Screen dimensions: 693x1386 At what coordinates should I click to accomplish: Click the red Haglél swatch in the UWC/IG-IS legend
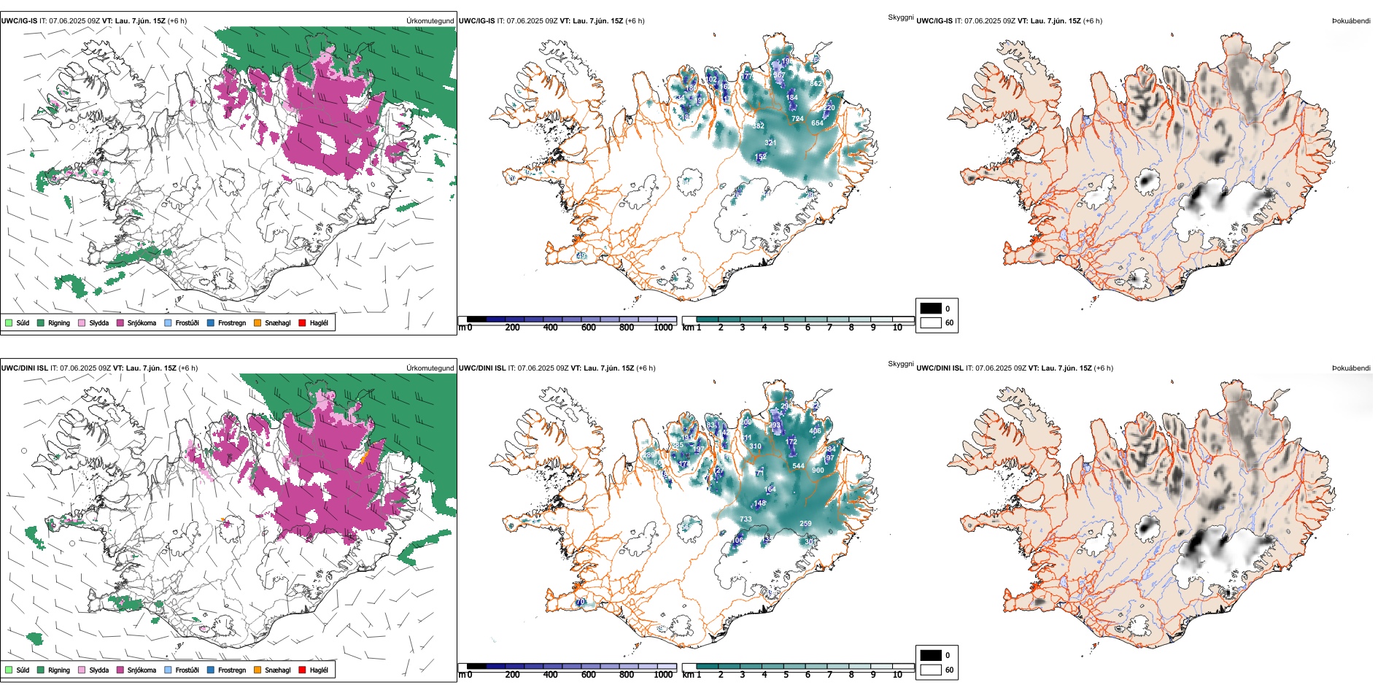coord(302,322)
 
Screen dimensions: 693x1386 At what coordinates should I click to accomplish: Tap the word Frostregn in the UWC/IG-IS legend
coord(231,322)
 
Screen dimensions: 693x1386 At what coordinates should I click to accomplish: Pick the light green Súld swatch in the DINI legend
coord(9,670)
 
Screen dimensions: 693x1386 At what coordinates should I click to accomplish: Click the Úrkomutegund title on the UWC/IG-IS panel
coord(430,21)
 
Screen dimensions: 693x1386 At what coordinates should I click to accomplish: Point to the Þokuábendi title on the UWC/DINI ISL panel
coord(1351,368)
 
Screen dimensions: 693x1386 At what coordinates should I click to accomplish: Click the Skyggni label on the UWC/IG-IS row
coord(900,18)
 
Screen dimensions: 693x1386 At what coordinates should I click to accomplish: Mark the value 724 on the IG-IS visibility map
coord(797,119)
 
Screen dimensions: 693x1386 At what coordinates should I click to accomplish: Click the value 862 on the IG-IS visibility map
coord(816,84)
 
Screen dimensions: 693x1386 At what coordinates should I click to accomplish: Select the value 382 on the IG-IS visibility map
coord(758,126)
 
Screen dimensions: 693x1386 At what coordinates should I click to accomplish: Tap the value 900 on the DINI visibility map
coord(818,471)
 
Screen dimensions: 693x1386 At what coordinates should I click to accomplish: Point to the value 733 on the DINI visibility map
coord(746,519)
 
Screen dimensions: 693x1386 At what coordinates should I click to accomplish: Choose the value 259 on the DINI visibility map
coord(805,524)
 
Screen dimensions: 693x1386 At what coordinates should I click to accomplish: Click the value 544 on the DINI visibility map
coord(798,466)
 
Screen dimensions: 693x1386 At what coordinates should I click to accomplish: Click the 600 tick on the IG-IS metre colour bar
coord(588,328)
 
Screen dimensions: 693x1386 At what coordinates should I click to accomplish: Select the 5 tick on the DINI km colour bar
coord(786,675)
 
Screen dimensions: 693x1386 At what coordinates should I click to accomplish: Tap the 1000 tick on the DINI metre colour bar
coord(663,675)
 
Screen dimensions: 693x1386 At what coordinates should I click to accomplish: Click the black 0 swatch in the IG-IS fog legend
coord(931,309)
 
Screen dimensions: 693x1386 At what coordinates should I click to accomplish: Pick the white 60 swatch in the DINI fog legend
coord(931,670)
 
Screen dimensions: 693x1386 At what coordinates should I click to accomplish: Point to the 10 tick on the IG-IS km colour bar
coord(897,328)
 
